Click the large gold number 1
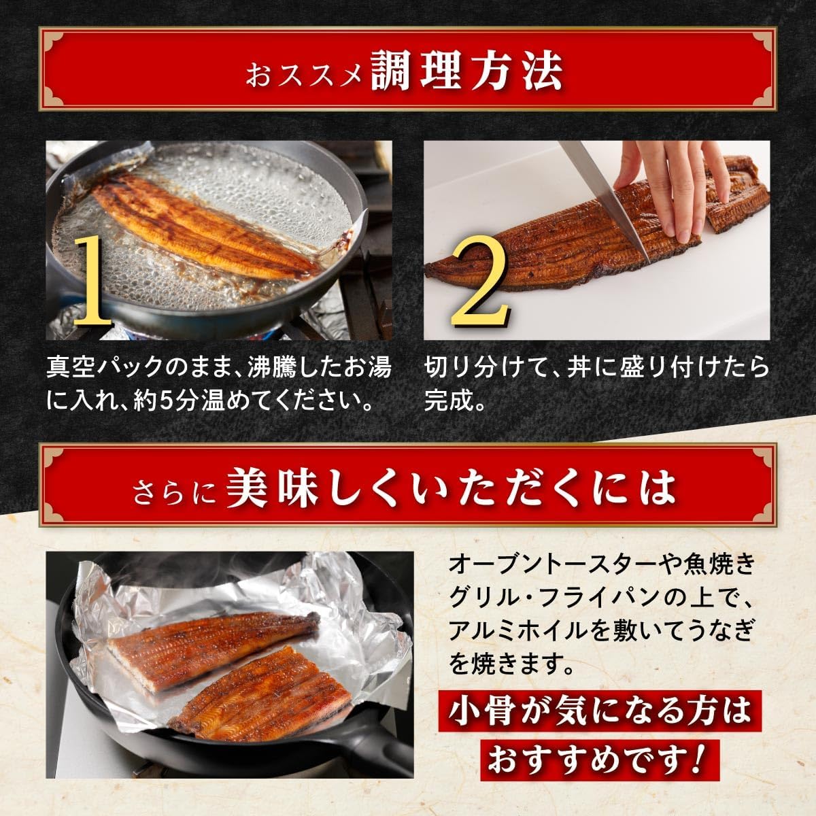[x=91, y=282]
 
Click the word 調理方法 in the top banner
[x=466, y=69]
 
